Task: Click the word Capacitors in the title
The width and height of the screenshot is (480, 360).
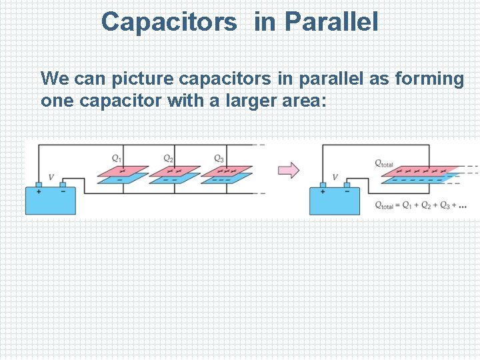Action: click(169, 22)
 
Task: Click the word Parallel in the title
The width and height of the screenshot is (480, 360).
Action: click(331, 22)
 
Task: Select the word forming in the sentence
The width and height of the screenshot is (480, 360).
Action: click(429, 79)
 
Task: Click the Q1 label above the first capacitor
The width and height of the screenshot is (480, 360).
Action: click(117, 158)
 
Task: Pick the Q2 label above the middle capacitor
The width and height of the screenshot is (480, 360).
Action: click(169, 158)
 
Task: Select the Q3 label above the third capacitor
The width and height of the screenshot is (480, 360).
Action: click(219, 158)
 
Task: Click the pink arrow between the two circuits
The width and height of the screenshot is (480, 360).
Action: click(288, 170)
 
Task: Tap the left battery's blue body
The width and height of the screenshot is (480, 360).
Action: click(51, 201)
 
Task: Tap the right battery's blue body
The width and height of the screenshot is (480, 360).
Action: click(334, 201)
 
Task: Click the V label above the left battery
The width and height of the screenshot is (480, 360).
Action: click(51, 177)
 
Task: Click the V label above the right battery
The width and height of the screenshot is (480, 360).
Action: click(335, 177)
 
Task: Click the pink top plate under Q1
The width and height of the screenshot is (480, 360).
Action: click(123, 169)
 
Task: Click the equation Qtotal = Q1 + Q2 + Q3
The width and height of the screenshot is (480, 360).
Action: click(419, 205)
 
